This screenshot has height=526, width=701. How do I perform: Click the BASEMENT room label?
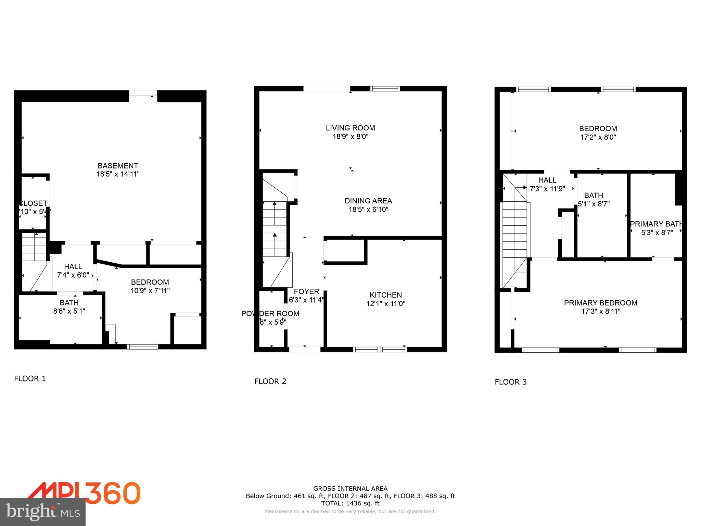pyautogui.click(x=118, y=166)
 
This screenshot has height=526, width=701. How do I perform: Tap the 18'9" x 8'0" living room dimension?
pyautogui.click(x=350, y=137)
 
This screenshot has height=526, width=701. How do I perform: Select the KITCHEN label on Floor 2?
pyautogui.click(x=385, y=295)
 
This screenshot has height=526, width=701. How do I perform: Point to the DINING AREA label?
pyautogui.click(x=368, y=201)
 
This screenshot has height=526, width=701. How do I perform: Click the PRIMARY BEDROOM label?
pyautogui.click(x=600, y=303)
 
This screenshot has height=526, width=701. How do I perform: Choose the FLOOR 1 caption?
pyautogui.click(x=30, y=378)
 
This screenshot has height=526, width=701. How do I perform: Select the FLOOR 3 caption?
pyautogui.click(x=510, y=382)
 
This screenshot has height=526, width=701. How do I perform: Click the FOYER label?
pyautogui.click(x=306, y=291)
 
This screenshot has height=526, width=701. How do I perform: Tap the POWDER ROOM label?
pyautogui.click(x=270, y=313)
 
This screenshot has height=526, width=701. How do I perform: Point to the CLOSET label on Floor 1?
pyautogui.click(x=34, y=203)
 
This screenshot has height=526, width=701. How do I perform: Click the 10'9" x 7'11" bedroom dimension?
pyautogui.click(x=150, y=291)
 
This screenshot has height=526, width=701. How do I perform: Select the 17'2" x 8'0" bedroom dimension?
pyautogui.click(x=598, y=137)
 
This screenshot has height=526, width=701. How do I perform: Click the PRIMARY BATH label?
pyautogui.click(x=656, y=224)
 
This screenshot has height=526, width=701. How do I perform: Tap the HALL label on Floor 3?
pyautogui.click(x=547, y=180)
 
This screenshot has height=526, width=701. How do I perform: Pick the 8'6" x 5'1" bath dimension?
pyautogui.click(x=69, y=311)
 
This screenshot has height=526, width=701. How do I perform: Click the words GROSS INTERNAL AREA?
pyautogui.click(x=350, y=489)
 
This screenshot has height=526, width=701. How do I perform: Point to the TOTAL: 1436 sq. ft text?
pyautogui.click(x=350, y=503)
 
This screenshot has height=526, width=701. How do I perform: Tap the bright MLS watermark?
pyautogui.click(x=43, y=512)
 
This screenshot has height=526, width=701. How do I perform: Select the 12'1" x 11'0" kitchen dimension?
pyautogui.click(x=385, y=303)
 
